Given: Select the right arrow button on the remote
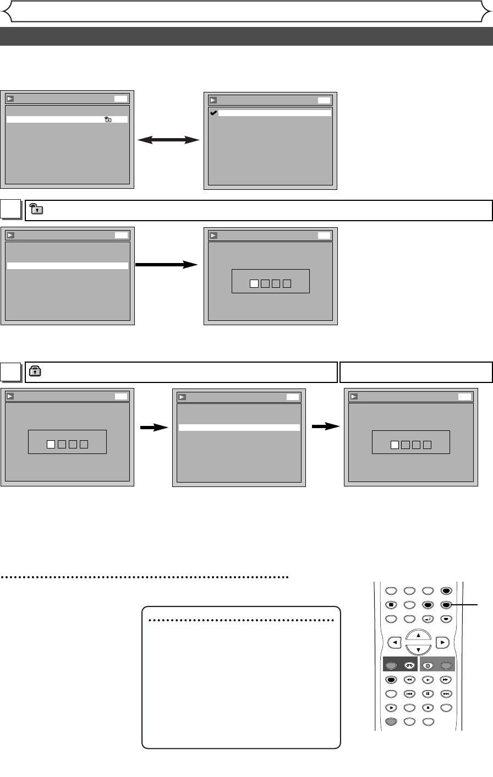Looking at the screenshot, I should pyautogui.click(x=443, y=642).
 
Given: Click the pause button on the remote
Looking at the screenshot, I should pyautogui.click(x=428, y=694).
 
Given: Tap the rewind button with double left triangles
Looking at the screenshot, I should pyautogui.click(x=409, y=680).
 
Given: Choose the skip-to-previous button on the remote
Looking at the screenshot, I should pyautogui.click(x=409, y=694).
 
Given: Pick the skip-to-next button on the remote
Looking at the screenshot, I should pyautogui.click(x=446, y=694).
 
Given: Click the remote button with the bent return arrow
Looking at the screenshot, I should pyautogui.click(x=428, y=619).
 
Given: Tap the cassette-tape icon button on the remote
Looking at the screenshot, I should pyautogui.click(x=409, y=665).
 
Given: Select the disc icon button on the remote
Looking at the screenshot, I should pyautogui.click(x=428, y=665).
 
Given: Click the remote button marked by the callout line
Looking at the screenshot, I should pyautogui.click(x=446, y=604).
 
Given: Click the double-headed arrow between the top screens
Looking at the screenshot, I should pyautogui.click(x=168, y=140).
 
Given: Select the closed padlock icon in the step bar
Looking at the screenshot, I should pyautogui.click(x=34, y=371).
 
